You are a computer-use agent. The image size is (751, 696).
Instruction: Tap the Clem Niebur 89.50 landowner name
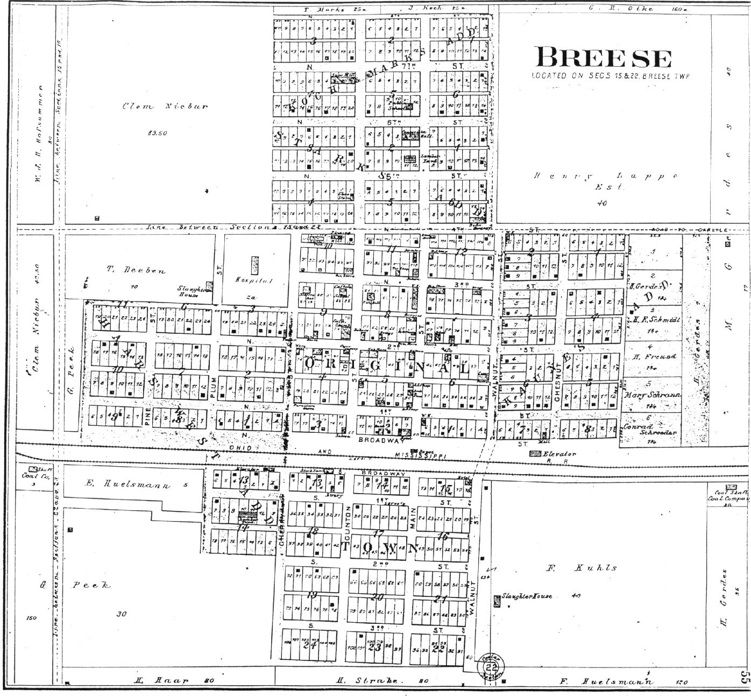tap(164, 106)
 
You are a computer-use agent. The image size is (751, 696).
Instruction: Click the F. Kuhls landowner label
tap(581, 567)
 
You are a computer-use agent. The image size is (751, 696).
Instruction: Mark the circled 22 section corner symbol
tap(489, 666)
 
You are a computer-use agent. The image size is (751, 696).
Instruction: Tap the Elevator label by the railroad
tap(559, 454)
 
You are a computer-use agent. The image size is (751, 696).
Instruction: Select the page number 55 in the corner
tap(743, 677)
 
